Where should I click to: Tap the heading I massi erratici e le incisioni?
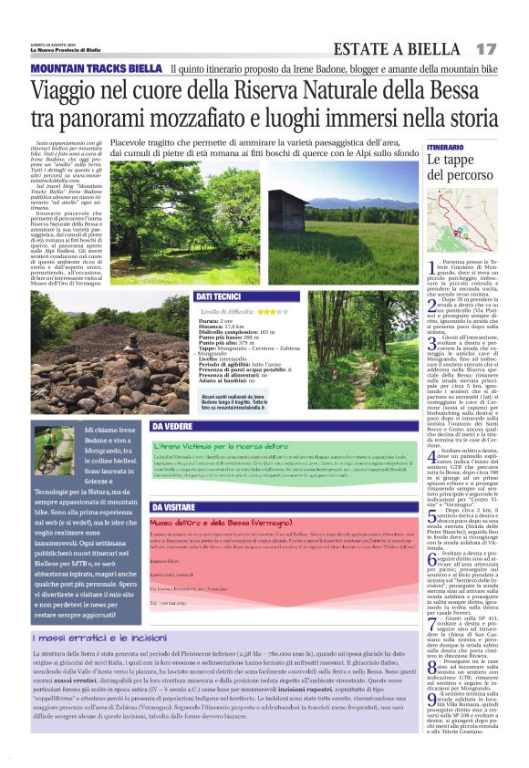point(100,663)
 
